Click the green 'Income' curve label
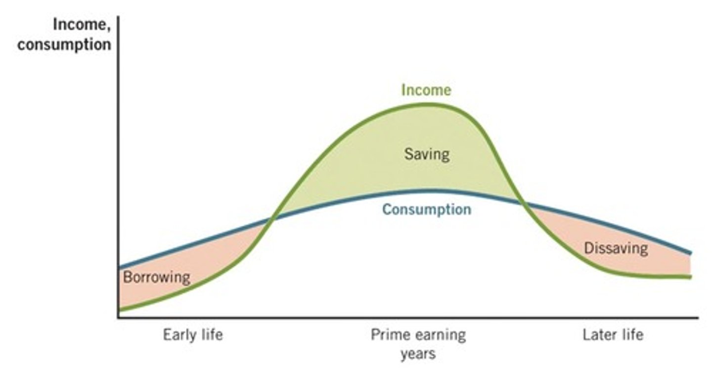[x=426, y=90]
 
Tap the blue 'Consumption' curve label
[x=426, y=209]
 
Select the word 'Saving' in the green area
[x=427, y=154]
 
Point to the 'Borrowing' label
[x=156, y=277]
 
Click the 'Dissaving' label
[x=616, y=248]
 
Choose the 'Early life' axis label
[x=193, y=335]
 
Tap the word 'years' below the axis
[x=418, y=354]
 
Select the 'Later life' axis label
[x=613, y=335]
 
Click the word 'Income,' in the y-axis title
[x=82, y=26]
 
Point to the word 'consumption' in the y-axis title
[x=64, y=44]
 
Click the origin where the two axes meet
[x=119, y=318]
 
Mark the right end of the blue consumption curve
[x=690, y=253]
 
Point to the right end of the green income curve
[x=690, y=277]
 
